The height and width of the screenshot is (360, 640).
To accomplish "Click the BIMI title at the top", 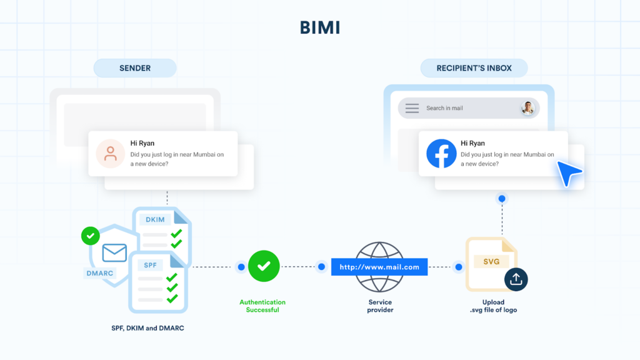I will point(319,28).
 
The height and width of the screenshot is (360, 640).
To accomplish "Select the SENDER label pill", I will point(135,68).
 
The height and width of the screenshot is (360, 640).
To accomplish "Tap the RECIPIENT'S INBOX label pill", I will point(474,68).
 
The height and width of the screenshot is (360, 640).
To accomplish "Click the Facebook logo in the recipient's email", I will point(441,154).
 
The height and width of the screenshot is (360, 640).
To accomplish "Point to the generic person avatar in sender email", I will point(111,154).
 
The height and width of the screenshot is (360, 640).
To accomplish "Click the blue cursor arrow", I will point(569,172).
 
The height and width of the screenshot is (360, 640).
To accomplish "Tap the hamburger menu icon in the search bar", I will point(412,108).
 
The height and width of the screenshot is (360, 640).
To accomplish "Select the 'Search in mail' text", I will point(444,108).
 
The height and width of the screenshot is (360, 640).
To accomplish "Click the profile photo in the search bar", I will point(528,108).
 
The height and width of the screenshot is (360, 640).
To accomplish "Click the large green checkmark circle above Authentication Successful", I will point(263,266).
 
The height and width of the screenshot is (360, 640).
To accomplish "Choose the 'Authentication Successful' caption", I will point(262,306).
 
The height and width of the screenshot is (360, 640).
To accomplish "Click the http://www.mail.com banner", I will point(379,267).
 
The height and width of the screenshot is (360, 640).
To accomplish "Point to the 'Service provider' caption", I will point(380,306).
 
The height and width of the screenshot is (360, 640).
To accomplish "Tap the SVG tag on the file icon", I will point(491,261).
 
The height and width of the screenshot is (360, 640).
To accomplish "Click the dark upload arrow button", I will point(516,279).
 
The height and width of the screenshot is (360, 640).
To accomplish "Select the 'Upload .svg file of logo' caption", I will point(493,306).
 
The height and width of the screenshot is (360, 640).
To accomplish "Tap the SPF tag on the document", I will point(150,265).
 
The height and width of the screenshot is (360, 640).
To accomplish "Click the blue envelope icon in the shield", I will point(114,252).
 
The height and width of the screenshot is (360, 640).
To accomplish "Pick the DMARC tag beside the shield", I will point(99,273).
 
